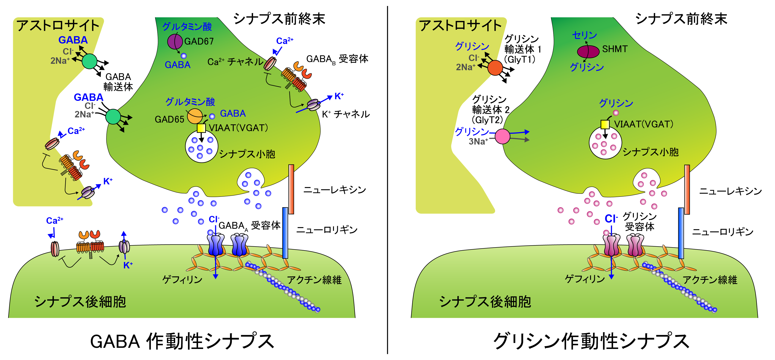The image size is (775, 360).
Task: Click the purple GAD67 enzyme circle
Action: coord(175,41)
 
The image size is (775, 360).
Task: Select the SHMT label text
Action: coord(615,49)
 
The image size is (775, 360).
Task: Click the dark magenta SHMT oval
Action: coord(588,51)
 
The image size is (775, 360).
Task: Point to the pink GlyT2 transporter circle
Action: coord(503,136)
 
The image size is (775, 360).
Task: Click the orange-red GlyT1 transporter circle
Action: coord(495,68)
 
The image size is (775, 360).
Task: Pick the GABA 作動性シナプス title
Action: coord(182,341)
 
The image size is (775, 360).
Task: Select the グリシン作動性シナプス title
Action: coord(591,341)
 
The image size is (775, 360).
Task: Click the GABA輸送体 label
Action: coord(118,82)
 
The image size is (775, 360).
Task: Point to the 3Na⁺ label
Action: coord(478,141)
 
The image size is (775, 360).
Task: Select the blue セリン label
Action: coord(584,35)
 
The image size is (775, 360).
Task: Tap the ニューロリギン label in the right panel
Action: coord(723,232)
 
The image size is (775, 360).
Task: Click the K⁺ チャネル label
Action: coord(346,114)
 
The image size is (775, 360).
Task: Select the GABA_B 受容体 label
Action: coord(337,59)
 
